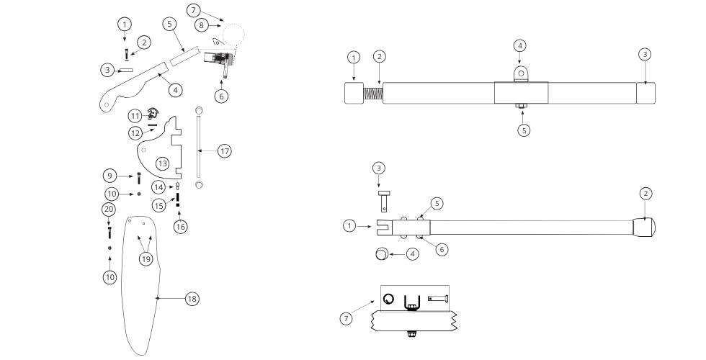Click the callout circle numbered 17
tap(225, 151)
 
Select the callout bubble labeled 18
tap(192, 299)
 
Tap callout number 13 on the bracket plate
tap(163, 164)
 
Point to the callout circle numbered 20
tap(108, 209)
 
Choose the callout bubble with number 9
tap(109, 175)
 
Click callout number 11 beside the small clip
tap(135, 115)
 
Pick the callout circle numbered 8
tap(203, 25)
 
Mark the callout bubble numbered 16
tap(181, 226)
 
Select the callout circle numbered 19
tap(147, 258)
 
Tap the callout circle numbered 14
tap(159, 187)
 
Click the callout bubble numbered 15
tap(159, 206)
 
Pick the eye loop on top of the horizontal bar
tap(520, 73)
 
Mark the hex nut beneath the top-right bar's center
tap(520, 109)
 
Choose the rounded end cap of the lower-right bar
tap(645, 227)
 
